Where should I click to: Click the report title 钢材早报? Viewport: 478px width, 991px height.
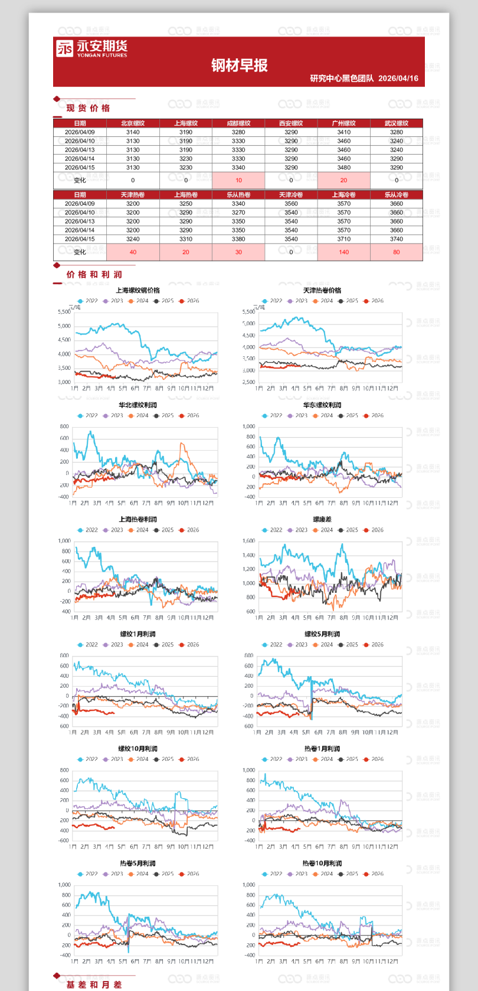pos(239,65)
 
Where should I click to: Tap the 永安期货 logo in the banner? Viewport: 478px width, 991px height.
pos(91,48)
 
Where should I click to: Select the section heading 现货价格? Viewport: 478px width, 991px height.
pos(88,108)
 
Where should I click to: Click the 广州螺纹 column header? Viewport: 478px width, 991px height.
pos(343,123)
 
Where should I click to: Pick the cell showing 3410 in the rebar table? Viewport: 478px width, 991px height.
pos(343,132)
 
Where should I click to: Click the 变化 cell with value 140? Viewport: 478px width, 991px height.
pos(343,252)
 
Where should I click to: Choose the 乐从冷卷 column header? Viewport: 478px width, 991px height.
pos(396,195)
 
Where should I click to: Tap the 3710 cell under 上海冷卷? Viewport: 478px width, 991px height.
pos(343,239)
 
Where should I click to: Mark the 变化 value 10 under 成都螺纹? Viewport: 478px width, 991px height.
pos(238,181)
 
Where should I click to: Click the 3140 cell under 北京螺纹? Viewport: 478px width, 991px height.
pos(133,132)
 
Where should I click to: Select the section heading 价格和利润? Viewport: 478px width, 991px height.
pos(94,274)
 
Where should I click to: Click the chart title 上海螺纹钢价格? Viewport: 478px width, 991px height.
pos(137,290)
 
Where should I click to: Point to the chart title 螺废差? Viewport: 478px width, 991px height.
pos(322,520)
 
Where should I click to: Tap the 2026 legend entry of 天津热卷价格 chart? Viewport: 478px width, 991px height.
pos(374,301)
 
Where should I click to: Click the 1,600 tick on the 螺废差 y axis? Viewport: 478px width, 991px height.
pos(248,541)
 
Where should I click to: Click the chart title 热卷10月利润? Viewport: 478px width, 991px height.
pos(322,863)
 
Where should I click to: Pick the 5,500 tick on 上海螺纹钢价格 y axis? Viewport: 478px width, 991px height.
pos(64,312)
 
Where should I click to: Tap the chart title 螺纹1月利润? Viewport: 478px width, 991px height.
pos(137,634)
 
